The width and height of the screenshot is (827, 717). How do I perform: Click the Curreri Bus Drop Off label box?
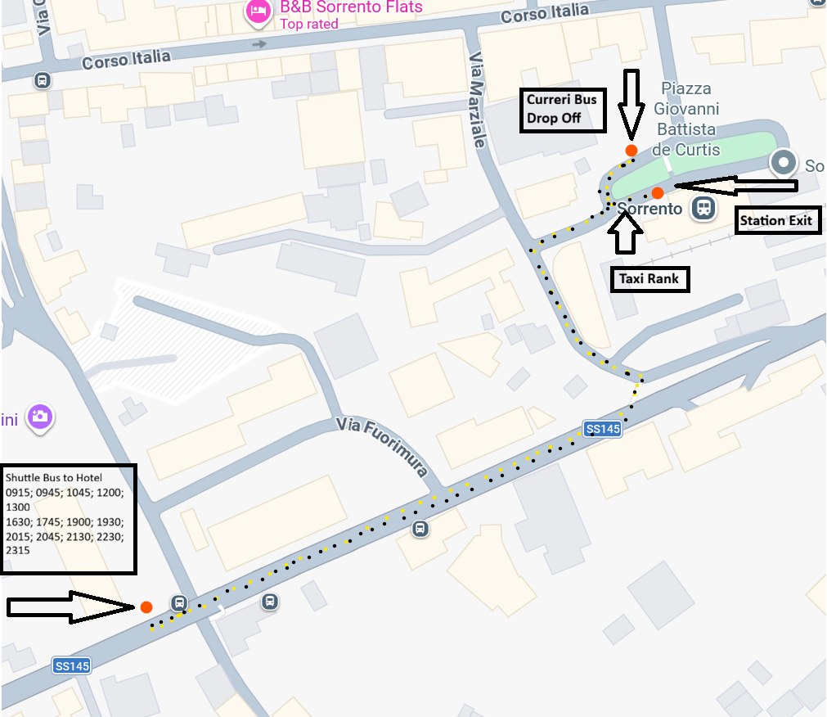click(x=564, y=110)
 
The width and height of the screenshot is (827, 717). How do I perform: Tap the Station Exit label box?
click(x=777, y=220)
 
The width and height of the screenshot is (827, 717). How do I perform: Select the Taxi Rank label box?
click(x=650, y=279)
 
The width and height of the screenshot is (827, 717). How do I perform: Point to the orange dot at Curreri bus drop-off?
click(x=631, y=150)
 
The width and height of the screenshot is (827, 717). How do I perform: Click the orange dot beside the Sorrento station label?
click(x=657, y=193)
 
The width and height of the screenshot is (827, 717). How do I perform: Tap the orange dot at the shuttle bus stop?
click(x=146, y=607)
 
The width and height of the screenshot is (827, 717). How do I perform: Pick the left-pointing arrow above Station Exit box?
click(x=734, y=187)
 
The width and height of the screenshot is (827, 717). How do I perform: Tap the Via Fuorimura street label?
click(x=383, y=447)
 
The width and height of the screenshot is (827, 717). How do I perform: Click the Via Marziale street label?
click(x=479, y=100)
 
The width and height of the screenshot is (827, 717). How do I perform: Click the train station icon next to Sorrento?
click(x=703, y=208)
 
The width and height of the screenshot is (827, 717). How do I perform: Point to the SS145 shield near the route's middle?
click(x=603, y=428)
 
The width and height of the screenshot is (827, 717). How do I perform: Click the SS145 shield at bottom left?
click(x=71, y=665)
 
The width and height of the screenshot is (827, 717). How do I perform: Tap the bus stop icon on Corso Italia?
click(x=42, y=80)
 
